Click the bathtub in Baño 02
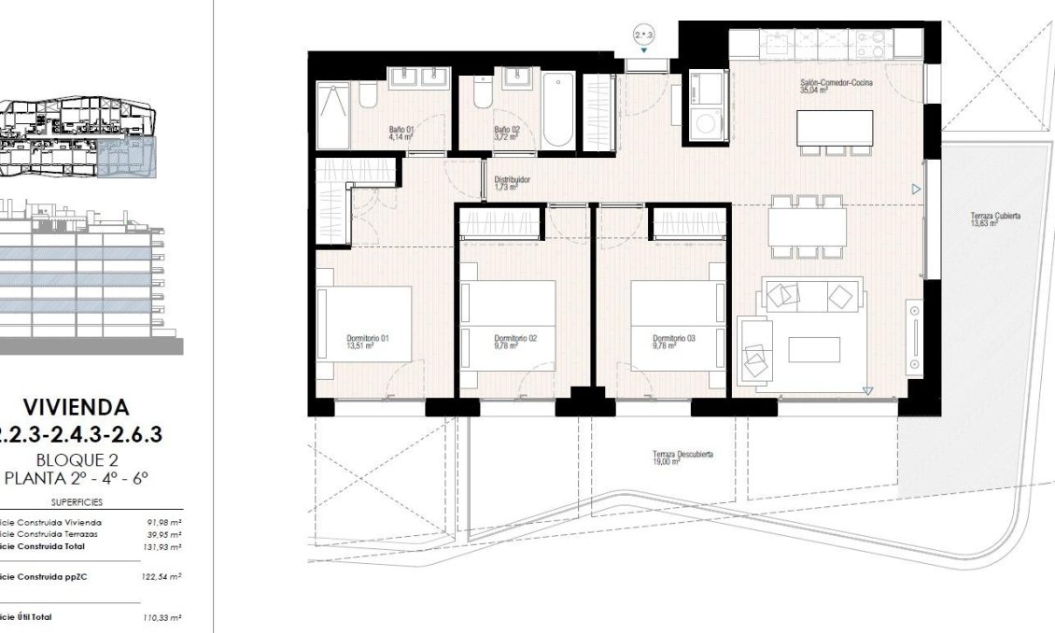[x=556, y=110]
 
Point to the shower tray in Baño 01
[x=332, y=116]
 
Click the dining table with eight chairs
[x=808, y=226]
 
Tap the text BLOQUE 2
[x=76, y=459]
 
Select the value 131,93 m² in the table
[x=163, y=546]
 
